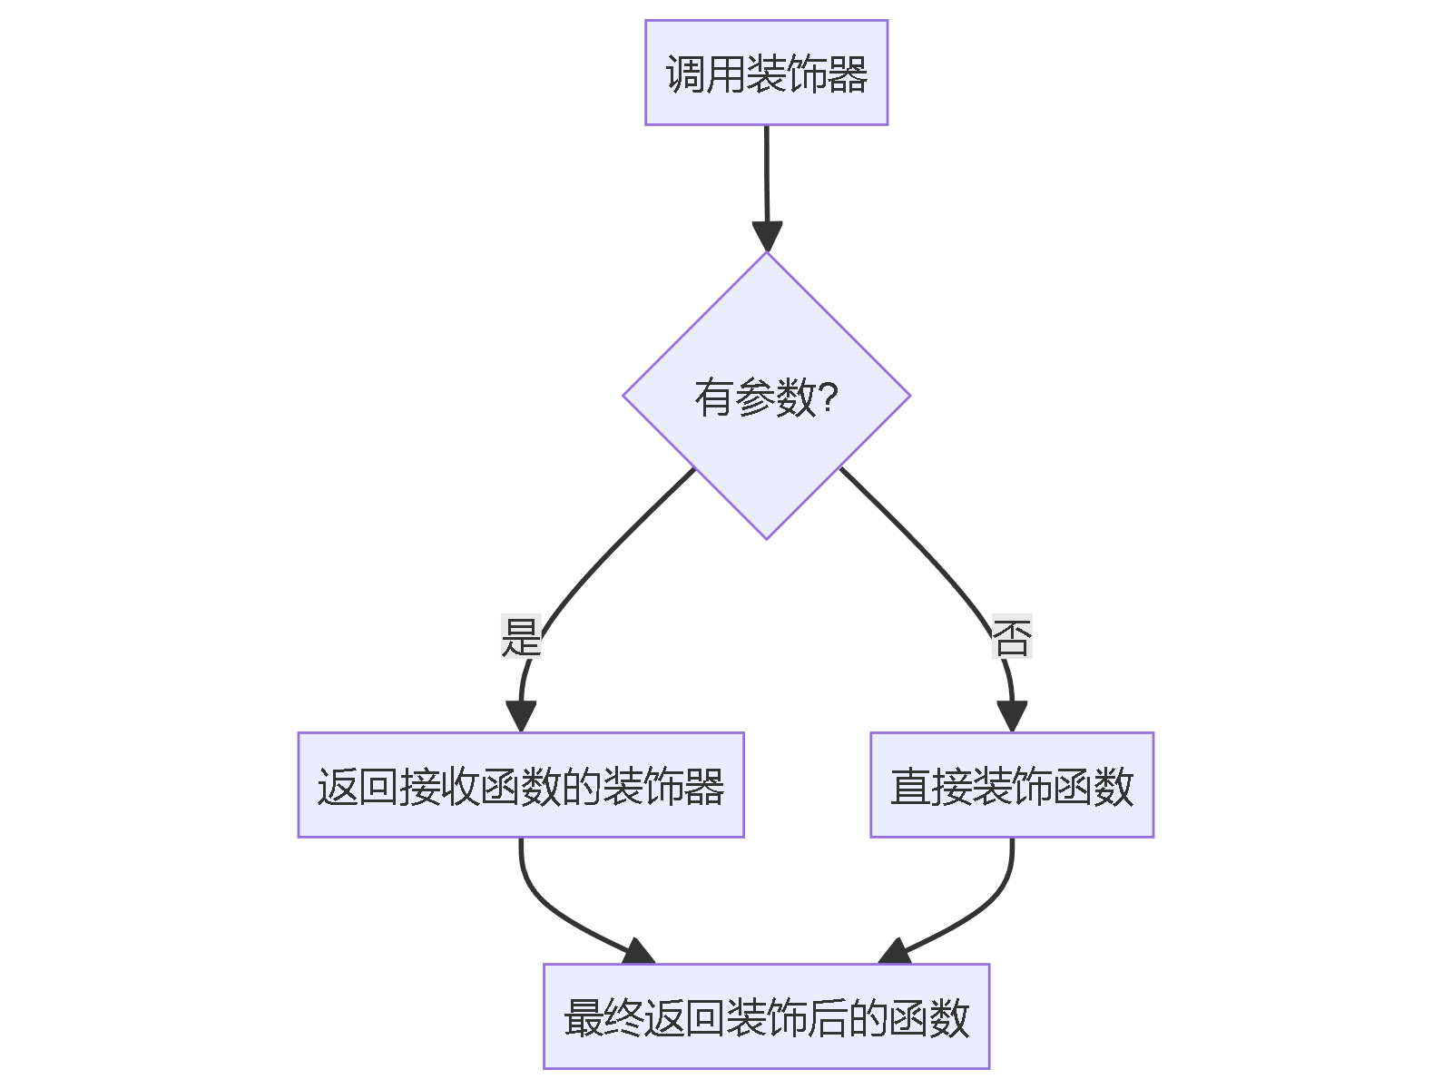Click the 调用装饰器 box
766,73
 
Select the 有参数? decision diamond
766,396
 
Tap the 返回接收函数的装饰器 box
521,785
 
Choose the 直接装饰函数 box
1012,785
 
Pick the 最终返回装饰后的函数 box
766,1016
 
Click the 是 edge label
521,636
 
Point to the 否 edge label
1012,636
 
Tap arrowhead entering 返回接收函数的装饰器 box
521,716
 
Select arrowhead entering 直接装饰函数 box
1012,716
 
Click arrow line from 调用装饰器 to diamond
767,172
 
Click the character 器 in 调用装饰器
848,74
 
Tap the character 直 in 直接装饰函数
910,786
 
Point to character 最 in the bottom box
584,1017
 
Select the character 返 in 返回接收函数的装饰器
337,786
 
